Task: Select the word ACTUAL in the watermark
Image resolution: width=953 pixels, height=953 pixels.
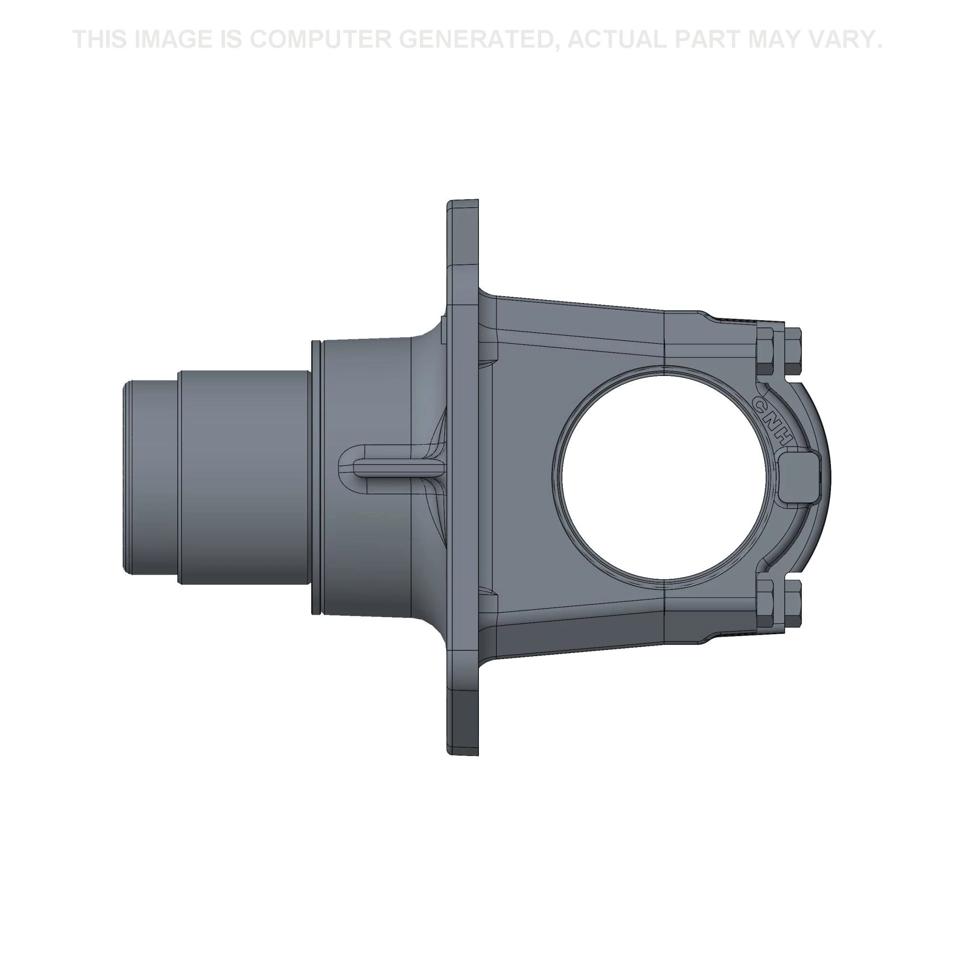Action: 618,39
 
